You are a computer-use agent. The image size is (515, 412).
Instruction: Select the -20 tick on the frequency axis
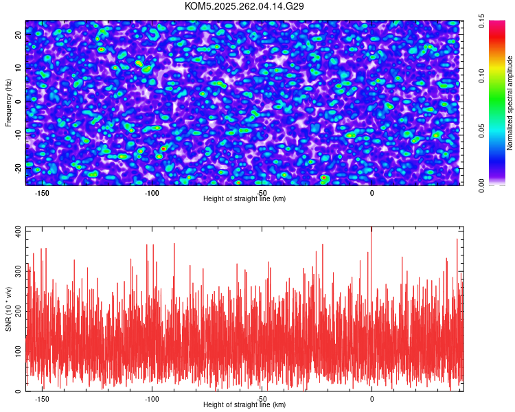(x=19, y=165)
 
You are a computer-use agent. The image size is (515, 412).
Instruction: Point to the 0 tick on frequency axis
(x=19, y=102)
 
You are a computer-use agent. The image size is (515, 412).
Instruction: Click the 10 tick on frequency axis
(x=19, y=67)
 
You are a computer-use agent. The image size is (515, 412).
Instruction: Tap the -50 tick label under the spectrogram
(x=262, y=193)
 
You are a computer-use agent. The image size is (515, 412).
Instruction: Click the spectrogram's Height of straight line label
(x=244, y=199)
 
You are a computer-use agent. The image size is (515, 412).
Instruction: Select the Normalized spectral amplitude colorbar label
(x=510, y=103)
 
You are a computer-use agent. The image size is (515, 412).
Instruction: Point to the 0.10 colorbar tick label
(x=483, y=76)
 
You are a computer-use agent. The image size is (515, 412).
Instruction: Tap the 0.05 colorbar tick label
(x=483, y=130)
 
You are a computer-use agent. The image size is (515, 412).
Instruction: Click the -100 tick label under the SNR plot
(x=152, y=399)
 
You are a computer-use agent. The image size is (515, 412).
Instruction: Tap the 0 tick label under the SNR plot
(x=371, y=399)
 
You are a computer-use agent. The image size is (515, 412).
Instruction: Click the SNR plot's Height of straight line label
(x=244, y=405)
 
